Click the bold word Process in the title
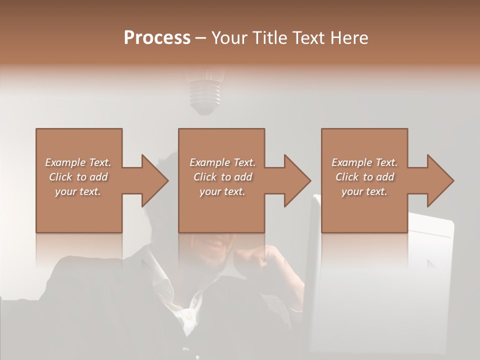pos(157,38)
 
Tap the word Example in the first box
pos(65,162)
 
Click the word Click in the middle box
pos(205,177)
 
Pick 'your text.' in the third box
pos(364,191)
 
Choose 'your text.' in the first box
pos(78,191)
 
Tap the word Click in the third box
pos(347,177)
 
